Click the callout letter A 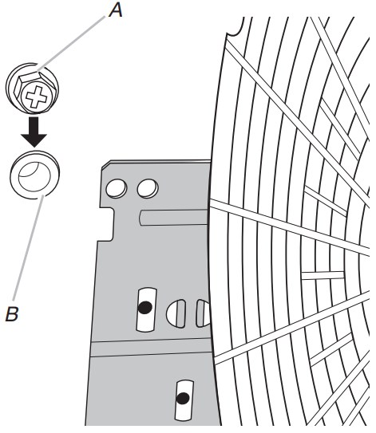[x=116, y=11]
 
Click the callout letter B [x=12, y=313]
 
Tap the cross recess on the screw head [x=35, y=96]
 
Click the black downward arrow [x=34, y=132]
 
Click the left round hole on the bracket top [x=117, y=188]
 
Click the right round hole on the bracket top [x=148, y=188]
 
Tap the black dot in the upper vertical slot [x=144, y=307]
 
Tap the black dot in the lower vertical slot [x=183, y=398]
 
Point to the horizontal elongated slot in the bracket [x=173, y=218]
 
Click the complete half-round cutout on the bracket [x=176, y=313]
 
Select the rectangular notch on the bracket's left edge [x=107, y=224]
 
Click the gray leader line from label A [x=72, y=43]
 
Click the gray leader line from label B [x=28, y=247]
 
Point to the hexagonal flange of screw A [x=35, y=92]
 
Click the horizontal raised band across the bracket [x=152, y=348]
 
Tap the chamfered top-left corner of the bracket [x=106, y=164]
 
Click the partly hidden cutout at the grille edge [x=204, y=313]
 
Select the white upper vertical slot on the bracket [x=147, y=309]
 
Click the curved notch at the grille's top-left [x=235, y=28]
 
